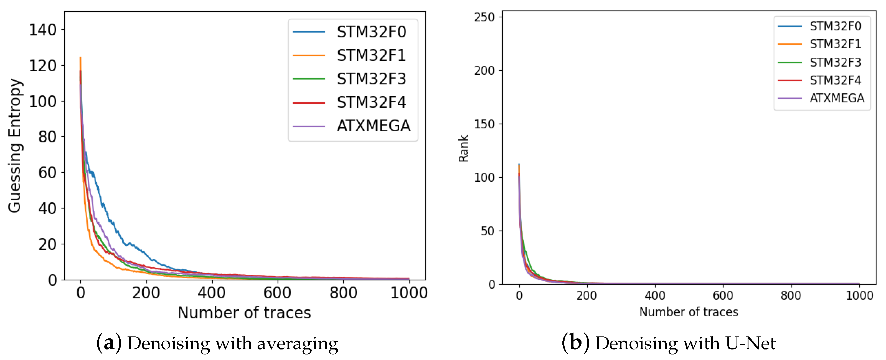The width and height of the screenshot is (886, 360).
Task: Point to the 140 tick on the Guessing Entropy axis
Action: [43, 30]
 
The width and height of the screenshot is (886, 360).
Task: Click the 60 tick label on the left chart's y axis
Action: [47, 173]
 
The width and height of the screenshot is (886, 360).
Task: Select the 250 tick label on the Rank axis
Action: [484, 17]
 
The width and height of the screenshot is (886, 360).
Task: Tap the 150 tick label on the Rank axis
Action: [484, 124]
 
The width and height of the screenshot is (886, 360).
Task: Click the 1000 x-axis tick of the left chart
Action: [408, 293]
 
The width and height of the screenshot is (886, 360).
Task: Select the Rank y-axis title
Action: [463, 148]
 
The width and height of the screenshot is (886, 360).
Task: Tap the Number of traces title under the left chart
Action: [244, 313]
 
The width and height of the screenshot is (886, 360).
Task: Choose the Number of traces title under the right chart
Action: [689, 312]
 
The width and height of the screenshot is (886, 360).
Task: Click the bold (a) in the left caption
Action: [109, 343]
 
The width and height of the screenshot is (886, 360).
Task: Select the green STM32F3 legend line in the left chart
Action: [309, 79]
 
